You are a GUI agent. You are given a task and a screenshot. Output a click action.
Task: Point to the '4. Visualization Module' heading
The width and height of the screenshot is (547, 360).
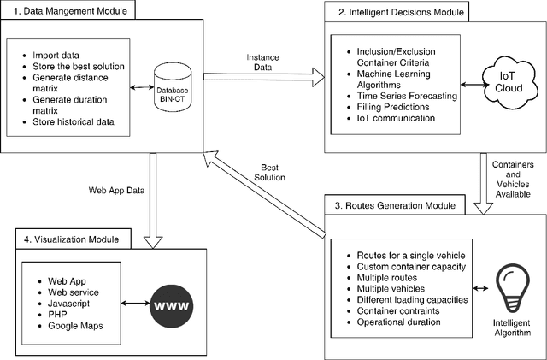coord(72,239)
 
